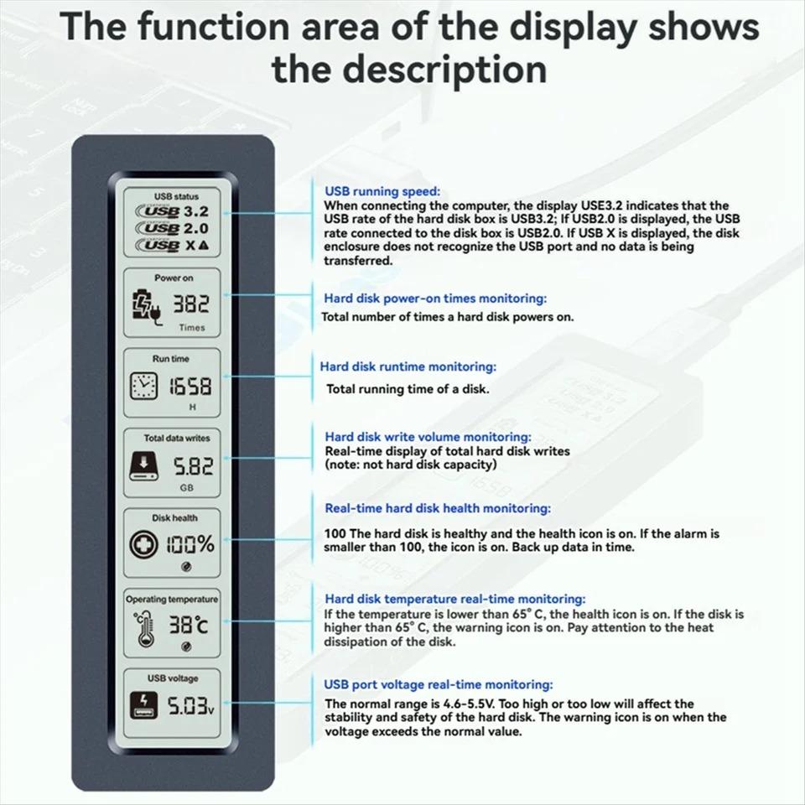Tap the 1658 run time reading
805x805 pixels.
[191, 387]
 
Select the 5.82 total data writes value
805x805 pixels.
[193, 465]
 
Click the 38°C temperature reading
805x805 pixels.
[190, 625]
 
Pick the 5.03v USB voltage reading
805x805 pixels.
[189, 707]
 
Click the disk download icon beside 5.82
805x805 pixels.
[143, 465]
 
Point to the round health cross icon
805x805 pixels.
[143, 544]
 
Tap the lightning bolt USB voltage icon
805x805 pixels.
[143, 706]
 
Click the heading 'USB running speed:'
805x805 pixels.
[382, 191]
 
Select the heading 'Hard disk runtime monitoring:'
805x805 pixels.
[408, 366]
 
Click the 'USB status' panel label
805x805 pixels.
[175, 196]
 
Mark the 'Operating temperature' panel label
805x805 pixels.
[172, 599]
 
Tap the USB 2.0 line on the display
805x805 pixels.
[177, 228]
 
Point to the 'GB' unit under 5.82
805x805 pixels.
[187, 487]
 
